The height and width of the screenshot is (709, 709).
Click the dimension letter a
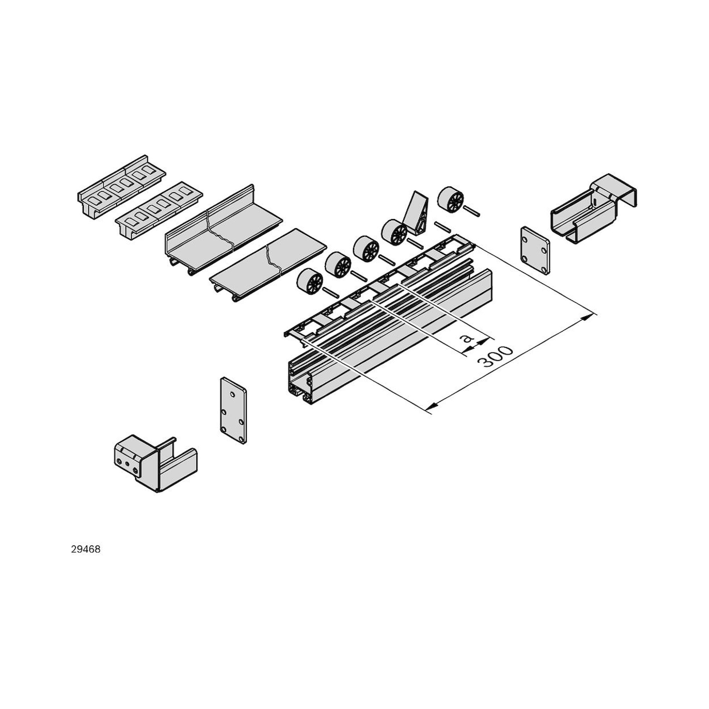[467, 338]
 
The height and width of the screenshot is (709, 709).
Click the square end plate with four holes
[535, 250]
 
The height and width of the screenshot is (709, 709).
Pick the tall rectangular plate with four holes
[233, 411]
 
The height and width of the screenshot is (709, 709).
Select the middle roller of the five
[366, 248]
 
